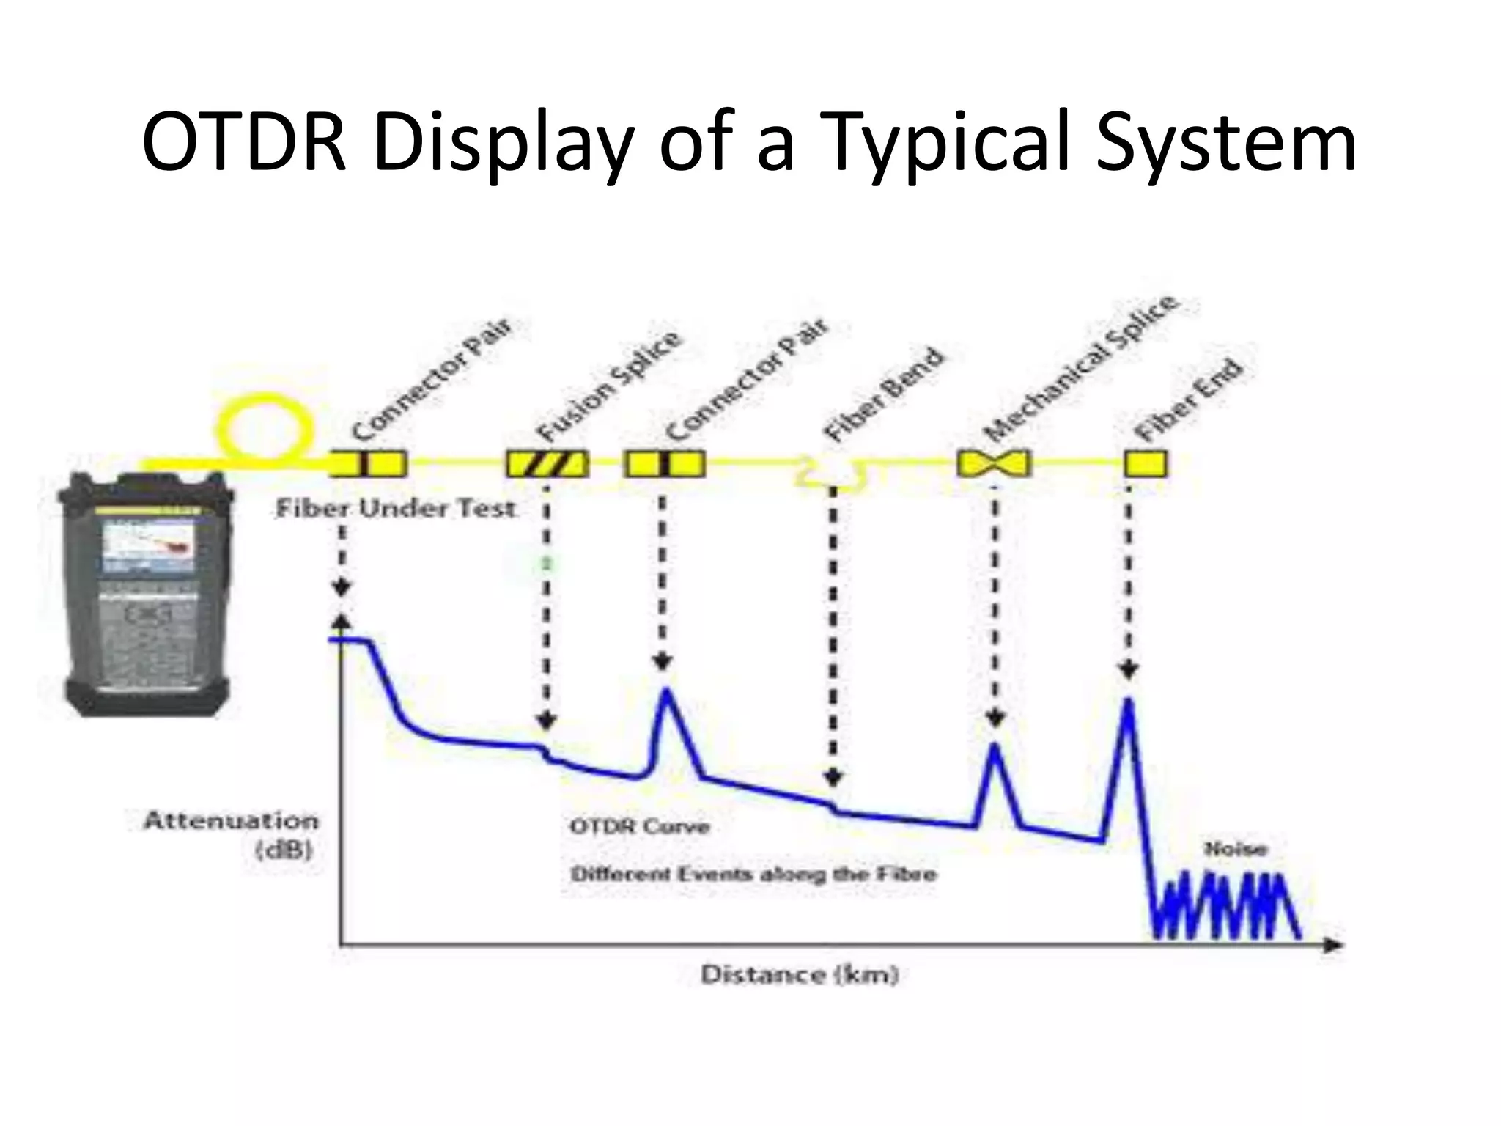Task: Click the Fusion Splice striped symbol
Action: coord(547,464)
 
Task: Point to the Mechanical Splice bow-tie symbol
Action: coord(995,463)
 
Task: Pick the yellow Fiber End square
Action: coord(1145,464)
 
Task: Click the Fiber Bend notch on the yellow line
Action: coord(831,475)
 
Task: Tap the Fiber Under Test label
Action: coord(395,508)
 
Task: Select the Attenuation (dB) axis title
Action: coord(232,834)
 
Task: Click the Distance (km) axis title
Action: coord(800,974)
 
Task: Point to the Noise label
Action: coord(1236,849)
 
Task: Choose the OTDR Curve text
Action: coord(640,826)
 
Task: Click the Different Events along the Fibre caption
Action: coord(753,874)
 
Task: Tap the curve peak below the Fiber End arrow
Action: coord(1128,702)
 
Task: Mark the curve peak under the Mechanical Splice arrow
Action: coord(994,747)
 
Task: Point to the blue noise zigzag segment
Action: coord(1224,905)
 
